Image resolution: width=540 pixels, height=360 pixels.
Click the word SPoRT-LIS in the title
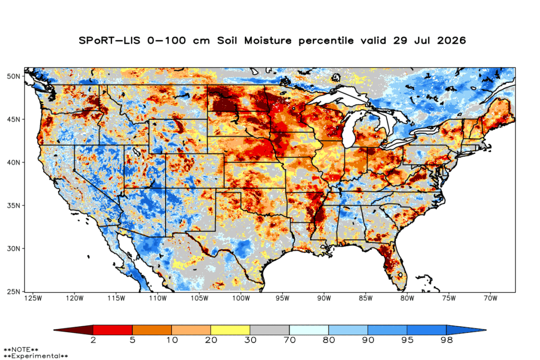click(110, 41)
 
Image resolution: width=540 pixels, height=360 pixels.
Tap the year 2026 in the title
click(451, 41)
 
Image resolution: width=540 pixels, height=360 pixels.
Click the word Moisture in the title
click(268, 41)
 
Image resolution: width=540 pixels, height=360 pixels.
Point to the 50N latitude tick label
click(13, 76)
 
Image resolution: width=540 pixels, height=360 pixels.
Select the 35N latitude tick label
click(13, 206)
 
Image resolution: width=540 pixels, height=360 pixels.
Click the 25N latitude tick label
click(13, 291)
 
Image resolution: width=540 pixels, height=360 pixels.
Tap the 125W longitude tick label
click(33, 298)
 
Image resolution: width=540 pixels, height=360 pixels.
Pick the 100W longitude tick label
click(240, 298)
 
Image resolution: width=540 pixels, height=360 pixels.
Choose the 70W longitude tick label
click(490, 298)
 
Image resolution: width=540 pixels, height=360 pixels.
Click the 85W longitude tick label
click(365, 298)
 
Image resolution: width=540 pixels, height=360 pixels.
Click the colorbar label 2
click(93, 340)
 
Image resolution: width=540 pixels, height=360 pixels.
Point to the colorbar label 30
click(250, 340)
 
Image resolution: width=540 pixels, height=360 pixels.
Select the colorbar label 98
click(446, 340)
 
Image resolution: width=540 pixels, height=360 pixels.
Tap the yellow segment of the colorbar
click(230, 330)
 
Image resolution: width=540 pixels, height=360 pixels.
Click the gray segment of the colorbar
click(269, 330)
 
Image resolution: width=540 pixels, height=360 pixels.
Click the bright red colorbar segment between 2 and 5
click(113, 330)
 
